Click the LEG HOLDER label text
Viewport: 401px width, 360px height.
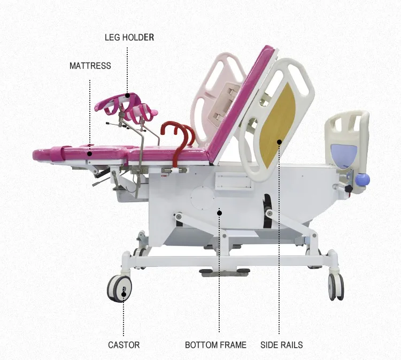click(129, 37)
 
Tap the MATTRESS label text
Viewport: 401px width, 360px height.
click(90, 66)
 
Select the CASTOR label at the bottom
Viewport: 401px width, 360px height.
click(124, 345)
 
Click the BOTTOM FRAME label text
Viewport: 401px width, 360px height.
click(215, 345)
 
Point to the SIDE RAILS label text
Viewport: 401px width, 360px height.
click(281, 345)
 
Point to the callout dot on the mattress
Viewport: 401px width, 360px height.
click(90, 154)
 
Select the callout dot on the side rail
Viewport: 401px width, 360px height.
click(279, 142)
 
